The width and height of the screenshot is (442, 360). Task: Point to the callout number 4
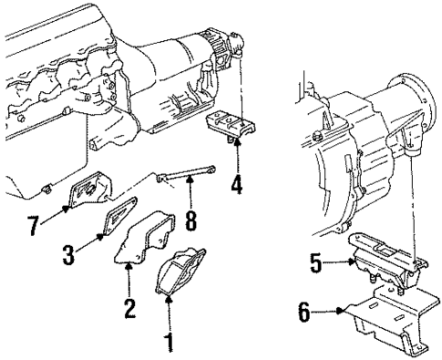click(236, 184)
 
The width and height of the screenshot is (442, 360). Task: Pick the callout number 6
click(304, 312)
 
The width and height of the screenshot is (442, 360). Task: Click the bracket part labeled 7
click(88, 192)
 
